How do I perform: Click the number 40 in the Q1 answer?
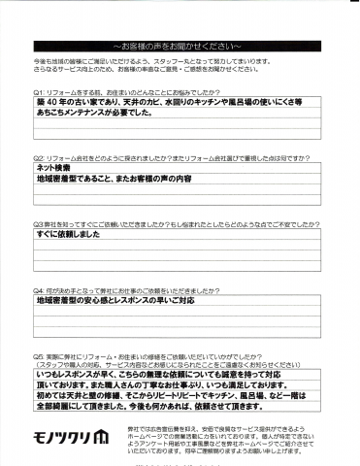(54, 101)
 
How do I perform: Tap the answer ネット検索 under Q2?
(57, 167)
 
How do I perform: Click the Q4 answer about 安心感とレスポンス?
(129, 301)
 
